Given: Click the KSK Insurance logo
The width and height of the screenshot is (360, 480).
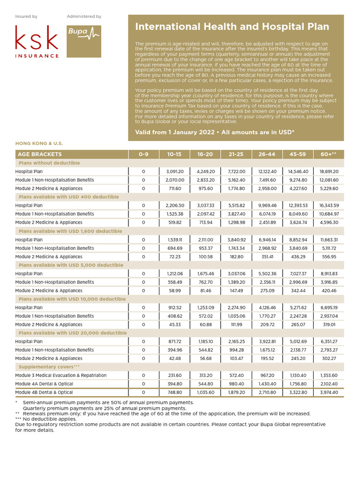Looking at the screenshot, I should [37, 41].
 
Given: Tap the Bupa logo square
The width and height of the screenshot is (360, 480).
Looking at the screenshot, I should [84, 41].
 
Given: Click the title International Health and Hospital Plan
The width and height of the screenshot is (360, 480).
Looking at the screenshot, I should [232, 27].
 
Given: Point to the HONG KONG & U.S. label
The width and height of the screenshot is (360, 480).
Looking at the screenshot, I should [39, 143].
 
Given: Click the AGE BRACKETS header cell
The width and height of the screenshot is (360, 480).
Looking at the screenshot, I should [40, 154].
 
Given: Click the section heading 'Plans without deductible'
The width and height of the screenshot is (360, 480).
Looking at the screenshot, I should [49, 163].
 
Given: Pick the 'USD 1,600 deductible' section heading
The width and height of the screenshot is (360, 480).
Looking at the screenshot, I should [70, 231].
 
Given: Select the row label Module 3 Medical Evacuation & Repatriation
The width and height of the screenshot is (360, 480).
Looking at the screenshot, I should [61, 375].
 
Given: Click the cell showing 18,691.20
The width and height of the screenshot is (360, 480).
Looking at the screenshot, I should [329, 172].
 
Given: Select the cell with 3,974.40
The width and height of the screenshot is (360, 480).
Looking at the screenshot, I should [329, 392].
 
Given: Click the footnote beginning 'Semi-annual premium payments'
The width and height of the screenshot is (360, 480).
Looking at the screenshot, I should [104, 403].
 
